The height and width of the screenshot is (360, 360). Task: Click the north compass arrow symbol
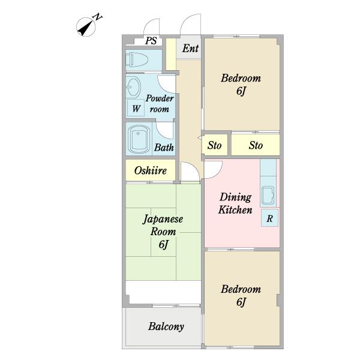click(x=86, y=27)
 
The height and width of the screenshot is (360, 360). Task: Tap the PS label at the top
click(x=151, y=41)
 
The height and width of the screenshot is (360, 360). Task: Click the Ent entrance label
click(x=190, y=49)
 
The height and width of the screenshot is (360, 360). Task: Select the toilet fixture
click(x=137, y=59)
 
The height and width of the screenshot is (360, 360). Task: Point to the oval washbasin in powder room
click(x=134, y=87)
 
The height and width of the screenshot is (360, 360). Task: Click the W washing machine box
click(x=136, y=108)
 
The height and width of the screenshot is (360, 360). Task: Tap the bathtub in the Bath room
click(x=139, y=139)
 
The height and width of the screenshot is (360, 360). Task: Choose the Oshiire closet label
click(x=151, y=170)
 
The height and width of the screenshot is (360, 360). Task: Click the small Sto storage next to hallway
click(x=215, y=145)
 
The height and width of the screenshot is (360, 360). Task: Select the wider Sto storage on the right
click(x=256, y=145)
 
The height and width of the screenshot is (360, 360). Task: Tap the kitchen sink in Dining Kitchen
click(x=268, y=196)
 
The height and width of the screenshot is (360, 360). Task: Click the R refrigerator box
click(x=269, y=218)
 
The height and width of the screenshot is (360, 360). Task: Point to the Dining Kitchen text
click(x=235, y=203)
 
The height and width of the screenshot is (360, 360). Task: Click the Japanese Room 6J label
click(x=163, y=232)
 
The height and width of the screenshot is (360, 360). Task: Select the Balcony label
click(x=166, y=326)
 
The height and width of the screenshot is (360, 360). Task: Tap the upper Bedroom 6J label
click(x=241, y=85)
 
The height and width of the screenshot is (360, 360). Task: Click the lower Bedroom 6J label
click(x=241, y=295)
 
